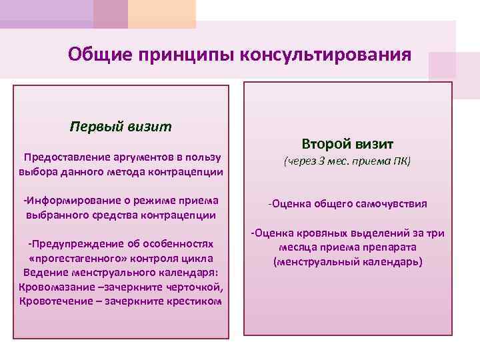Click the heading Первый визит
pyautogui.click(x=121, y=126)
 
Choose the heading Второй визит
pyautogui.click(x=347, y=144)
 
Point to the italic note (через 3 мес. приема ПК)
pyautogui.click(x=347, y=161)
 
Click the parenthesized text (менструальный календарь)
pyautogui.click(x=347, y=262)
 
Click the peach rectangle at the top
pyautogui.click(x=162, y=12)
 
